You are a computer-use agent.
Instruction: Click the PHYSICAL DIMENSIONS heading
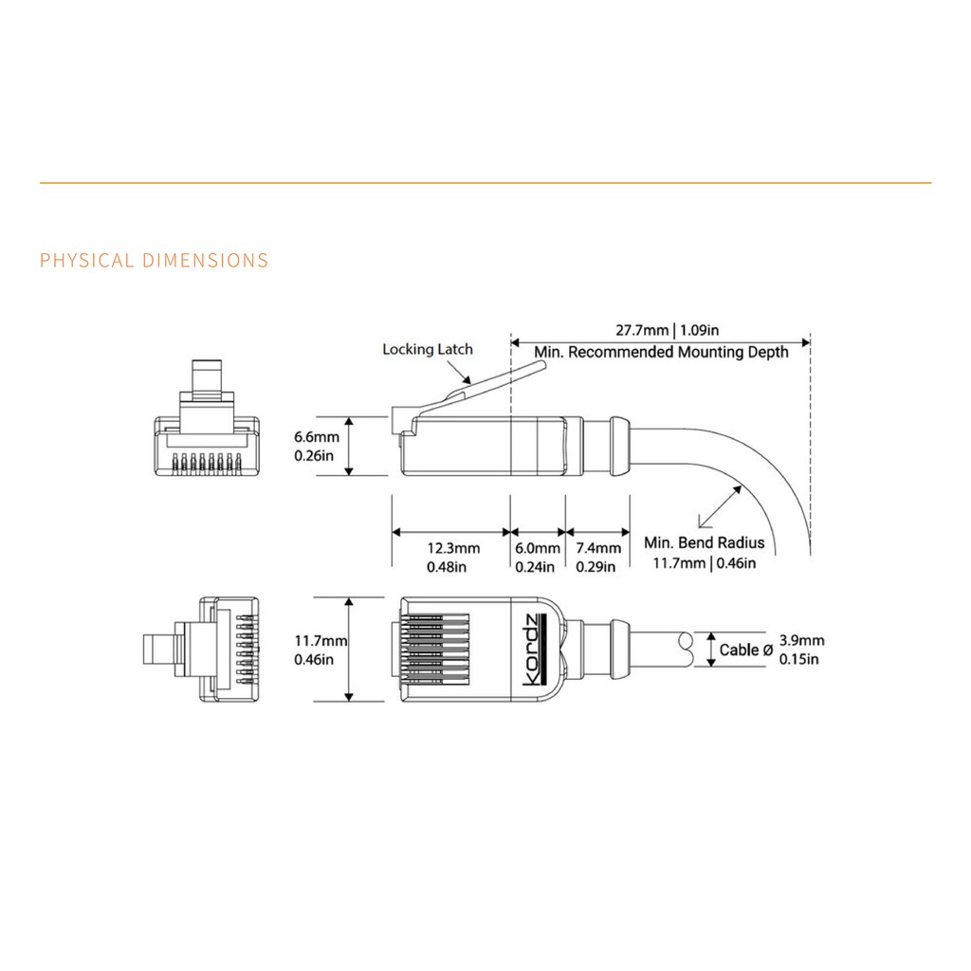click(155, 261)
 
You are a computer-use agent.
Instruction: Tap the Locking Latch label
click(427, 349)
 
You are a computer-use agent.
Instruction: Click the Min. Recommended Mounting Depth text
click(661, 353)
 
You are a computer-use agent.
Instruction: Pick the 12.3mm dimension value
click(453, 548)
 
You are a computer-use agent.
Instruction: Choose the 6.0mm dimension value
click(538, 548)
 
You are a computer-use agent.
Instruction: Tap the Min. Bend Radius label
click(704, 543)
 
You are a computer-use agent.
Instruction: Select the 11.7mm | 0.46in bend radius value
click(705, 564)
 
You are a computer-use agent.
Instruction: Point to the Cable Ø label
click(745, 650)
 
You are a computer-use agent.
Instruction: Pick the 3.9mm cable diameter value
click(798, 640)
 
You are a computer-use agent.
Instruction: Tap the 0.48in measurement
click(453, 567)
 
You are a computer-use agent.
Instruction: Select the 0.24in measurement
click(538, 567)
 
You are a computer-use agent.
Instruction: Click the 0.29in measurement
click(597, 567)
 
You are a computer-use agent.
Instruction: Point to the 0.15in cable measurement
click(798, 659)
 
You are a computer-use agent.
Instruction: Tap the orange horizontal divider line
click(485, 182)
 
